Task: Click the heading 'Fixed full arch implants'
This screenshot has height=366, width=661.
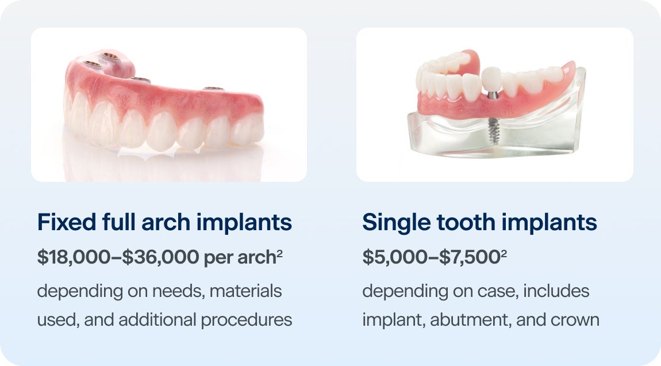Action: pos(164,223)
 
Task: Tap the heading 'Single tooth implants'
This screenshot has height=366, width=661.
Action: pos(479,223)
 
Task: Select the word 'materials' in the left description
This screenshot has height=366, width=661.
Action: pos(245,291)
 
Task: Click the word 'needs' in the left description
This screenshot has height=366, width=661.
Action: pos(172,291)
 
